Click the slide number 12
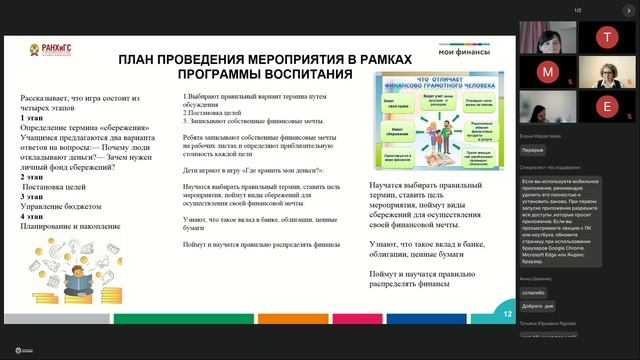(508, 314)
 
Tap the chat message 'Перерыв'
(533, 151)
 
